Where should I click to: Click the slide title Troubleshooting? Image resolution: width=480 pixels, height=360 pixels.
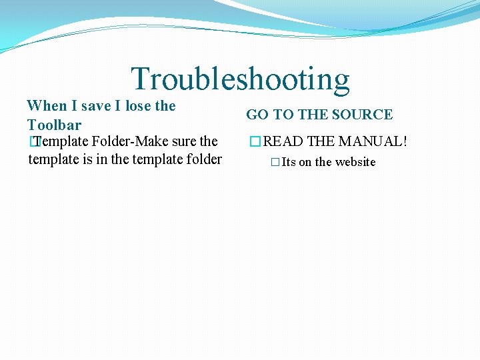(x=240, y=79)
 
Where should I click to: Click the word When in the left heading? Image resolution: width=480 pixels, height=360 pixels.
(x=47, y=106)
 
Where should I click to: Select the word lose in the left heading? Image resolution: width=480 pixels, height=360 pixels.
(x=137, y=106)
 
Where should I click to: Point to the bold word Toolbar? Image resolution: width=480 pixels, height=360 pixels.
(x=54, y=125)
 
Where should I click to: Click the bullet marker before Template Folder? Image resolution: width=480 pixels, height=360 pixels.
(x=33, y=141)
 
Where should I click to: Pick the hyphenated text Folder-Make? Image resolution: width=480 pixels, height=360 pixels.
(x=130, y=141)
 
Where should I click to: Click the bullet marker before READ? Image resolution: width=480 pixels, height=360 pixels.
(x=253, y=141)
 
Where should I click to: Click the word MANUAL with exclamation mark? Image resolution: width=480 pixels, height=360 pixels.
(x=373, y=141)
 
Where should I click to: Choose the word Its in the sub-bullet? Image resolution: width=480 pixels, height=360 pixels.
(x=289, y=162)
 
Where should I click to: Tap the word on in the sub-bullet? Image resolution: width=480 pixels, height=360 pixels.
(x=305, y=162)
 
